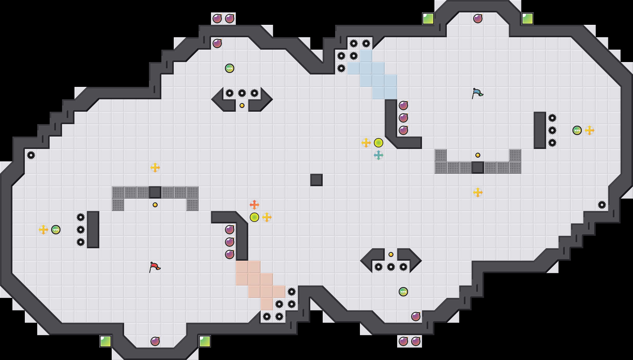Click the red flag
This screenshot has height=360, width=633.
[155, 267]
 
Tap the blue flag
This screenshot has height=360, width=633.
[477, 93]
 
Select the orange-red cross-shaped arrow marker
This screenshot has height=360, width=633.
[254, 205]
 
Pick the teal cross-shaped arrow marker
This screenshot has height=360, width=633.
[379, 155]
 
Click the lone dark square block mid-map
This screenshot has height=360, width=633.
[316, 180]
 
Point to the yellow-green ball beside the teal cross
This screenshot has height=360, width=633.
[379, 143]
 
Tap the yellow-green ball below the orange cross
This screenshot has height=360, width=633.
[254, 217]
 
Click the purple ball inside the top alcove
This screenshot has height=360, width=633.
[478, 19]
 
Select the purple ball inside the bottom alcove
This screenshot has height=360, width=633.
[155, 341]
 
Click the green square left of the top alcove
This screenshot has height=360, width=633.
[428, 19]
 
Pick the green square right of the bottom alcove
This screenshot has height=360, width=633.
[205, 341]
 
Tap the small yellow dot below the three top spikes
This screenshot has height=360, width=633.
[242, 106]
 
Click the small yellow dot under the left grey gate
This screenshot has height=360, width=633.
[155, 205]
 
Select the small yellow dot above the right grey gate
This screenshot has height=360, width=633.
[478, 155]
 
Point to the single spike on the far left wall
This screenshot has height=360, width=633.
[31, 155]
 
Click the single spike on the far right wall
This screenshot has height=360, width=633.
[602, 205]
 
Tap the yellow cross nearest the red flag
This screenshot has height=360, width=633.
[155, 168]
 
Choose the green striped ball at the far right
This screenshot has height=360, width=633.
[577, 130]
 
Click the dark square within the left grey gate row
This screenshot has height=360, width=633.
[155, 192]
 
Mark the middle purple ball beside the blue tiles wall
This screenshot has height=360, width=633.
[403, 118]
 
